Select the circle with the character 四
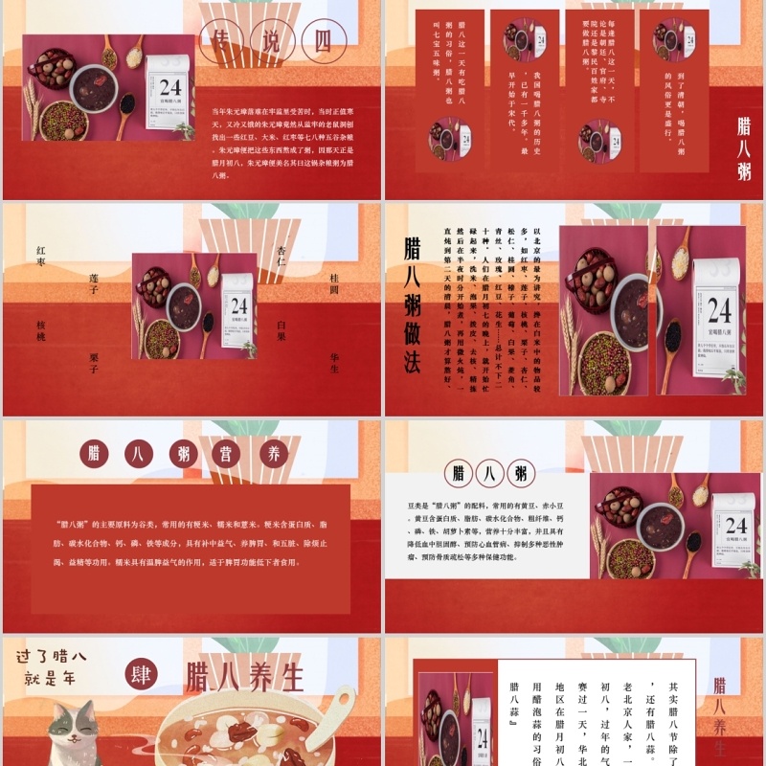click(324, 42)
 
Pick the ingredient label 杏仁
click(282, 259)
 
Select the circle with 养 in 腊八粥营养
click(276, 453)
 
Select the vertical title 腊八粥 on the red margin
click(744, 148)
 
